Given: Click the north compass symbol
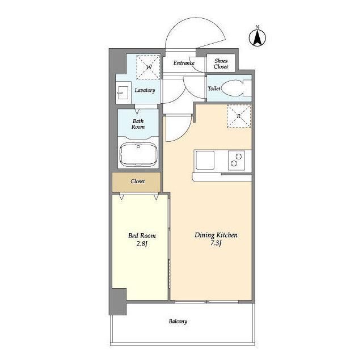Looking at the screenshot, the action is click(x=257, y=38).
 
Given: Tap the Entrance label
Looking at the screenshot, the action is click(x=184, y=63).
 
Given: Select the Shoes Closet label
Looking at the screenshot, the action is click(x=221, y=64).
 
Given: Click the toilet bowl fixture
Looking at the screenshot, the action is click(x=237, y=88).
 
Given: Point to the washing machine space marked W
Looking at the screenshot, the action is click(x=149, y=67).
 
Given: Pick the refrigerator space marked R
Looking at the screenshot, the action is click(x=239, y=116).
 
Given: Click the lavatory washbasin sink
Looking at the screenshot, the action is click(x=123, y=92).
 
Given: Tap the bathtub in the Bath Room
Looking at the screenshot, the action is click(x=138, y=154).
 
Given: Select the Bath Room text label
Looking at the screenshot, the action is click(x=138, y=124).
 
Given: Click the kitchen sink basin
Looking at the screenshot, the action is click(x=205, y=160).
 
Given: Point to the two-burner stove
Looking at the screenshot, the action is click(x=237, y=160).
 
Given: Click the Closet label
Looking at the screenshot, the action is click(x=137, y=181).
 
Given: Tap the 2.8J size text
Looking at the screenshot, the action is click(x=142, y=244).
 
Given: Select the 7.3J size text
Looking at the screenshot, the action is click(x=216, y=243).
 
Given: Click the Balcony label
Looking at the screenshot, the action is click(x=178, y=322).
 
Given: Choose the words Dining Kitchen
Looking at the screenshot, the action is click(x=216, y=235).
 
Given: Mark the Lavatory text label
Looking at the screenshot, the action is click(x=145, y=90).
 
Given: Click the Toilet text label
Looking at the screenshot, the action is click(x=214, y=88).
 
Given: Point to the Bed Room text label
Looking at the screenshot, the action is click(x=142, y=236).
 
